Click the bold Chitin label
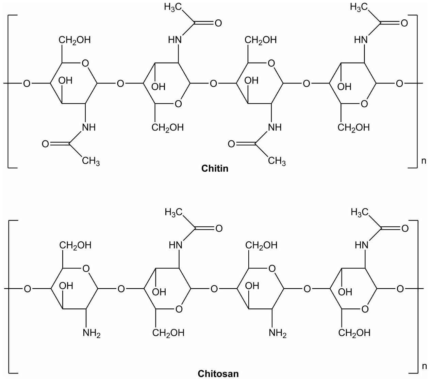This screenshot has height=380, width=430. (x=215, y=168)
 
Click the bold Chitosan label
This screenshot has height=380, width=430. (x=218, y=374)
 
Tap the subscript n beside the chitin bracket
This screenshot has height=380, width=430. (x=424, y=161)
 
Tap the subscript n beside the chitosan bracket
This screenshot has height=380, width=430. (x=424, y=366)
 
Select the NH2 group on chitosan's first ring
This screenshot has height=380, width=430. (x=92, y=333)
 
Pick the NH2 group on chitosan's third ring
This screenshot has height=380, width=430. (x=278, y=333)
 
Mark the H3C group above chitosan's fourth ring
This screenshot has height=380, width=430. (x=360, y=213)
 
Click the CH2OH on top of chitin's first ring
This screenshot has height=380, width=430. (x=75, y=40)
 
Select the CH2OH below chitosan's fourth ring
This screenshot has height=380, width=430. (x=354, y=333)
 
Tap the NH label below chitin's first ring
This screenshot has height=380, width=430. (x=89, y=127)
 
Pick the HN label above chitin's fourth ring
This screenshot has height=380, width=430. (x=361, y=40)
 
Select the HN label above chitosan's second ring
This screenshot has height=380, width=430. (x=176, y=245)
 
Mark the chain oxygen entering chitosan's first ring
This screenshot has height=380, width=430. (x=28, y=289)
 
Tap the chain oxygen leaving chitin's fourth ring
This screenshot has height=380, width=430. (x=399, y=83)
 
